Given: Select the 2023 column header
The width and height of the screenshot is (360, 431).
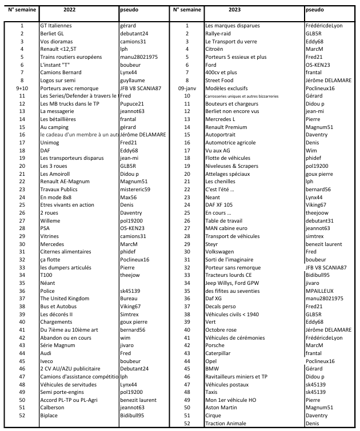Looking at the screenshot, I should [234, 10].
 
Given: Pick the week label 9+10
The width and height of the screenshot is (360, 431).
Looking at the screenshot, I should [22, 88].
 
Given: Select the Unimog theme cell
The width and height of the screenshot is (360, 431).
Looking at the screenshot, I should [50, 142].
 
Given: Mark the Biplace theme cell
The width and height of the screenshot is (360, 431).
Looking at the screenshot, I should [50, 415].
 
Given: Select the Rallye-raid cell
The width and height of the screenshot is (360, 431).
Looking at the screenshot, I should [218, 34].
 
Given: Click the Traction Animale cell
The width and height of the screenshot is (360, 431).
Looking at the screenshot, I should [226, 423].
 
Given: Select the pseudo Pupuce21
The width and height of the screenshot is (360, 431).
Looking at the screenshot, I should [133, 103].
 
